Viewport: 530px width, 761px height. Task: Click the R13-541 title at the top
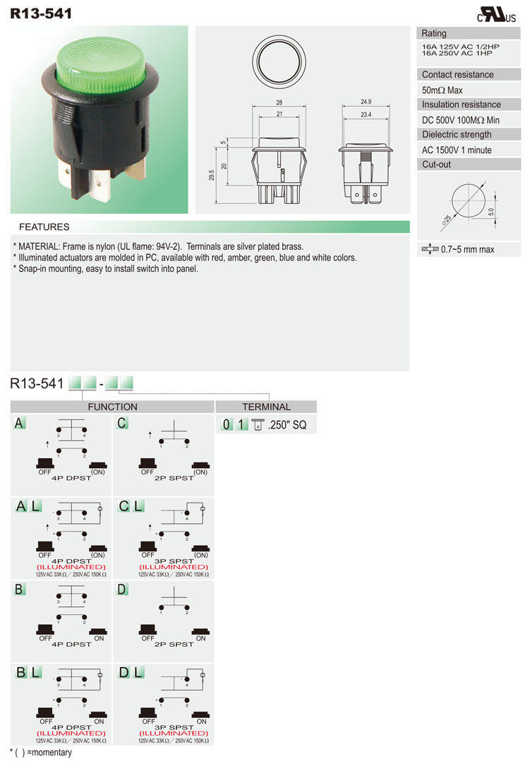(x=40, y=12)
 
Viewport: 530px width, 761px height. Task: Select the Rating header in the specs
(x=434, y=33)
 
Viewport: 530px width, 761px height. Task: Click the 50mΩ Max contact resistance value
(x=442, y=90)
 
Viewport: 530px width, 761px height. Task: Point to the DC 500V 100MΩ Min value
(x=460, y=120)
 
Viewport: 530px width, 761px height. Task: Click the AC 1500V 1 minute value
(x=457, y=150)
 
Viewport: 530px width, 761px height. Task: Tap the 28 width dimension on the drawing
(x=280, y=102)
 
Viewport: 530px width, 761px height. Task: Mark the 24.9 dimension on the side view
(x=366, y=102)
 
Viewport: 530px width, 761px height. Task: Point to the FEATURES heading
(x=44, y=227)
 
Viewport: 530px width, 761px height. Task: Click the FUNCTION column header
(x=112, y=407)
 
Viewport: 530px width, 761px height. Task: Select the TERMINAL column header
(x=266, y=407)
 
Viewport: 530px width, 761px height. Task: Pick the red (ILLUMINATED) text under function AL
(x=71, y=567)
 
